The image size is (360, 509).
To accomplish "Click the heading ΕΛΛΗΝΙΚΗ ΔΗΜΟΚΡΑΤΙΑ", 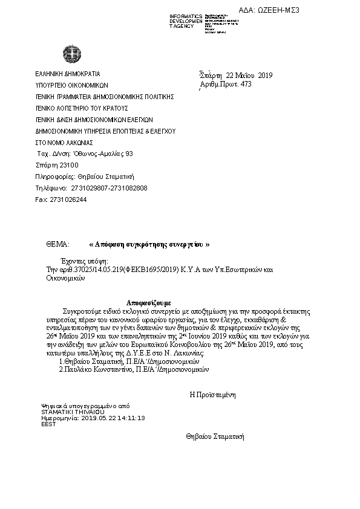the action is point(68,74).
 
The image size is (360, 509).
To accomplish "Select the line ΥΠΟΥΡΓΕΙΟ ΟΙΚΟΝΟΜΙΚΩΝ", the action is point(71,85).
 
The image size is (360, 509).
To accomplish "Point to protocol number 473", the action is point(245,84).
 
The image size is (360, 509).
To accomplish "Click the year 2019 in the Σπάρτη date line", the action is point(265,76).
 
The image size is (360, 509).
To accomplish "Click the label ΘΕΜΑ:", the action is point(58,244).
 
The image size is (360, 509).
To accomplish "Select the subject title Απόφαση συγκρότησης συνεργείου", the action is point(149,244).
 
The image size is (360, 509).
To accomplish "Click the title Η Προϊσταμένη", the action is point(212,394).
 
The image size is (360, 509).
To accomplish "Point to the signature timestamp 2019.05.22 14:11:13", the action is point(113,418).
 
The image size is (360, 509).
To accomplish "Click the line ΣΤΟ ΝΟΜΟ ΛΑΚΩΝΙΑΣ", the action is point(64,142).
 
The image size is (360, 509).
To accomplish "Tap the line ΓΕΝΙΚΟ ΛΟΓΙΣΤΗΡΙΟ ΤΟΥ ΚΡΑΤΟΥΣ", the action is point(82,108).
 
